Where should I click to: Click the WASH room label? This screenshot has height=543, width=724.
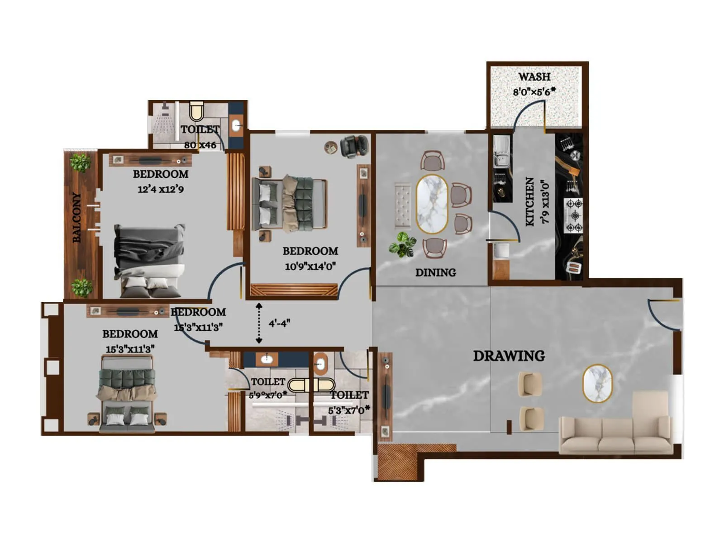pos(534,76)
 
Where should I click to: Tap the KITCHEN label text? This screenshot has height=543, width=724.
pos(530,201)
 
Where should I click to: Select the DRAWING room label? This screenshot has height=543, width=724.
pos(509,356)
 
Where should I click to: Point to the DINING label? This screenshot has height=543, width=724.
pos(435,272)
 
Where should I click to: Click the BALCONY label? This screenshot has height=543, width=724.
pos(77,217)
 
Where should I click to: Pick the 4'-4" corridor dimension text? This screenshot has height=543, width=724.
pos(279,323)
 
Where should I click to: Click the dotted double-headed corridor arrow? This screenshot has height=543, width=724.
pos(259,323)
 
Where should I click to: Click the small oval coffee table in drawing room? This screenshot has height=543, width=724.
pos(597,384)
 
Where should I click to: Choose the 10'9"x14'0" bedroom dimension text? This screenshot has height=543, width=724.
pos(310,266)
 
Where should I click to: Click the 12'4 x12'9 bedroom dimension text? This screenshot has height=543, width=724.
pos(161,189)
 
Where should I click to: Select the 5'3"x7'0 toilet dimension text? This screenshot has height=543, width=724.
pos(349,410)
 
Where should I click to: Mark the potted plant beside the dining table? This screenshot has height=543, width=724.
pos(402,244)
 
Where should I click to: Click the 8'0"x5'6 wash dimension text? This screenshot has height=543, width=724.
pos(534,91)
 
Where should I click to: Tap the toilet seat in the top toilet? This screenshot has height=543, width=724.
pos(197,110)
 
